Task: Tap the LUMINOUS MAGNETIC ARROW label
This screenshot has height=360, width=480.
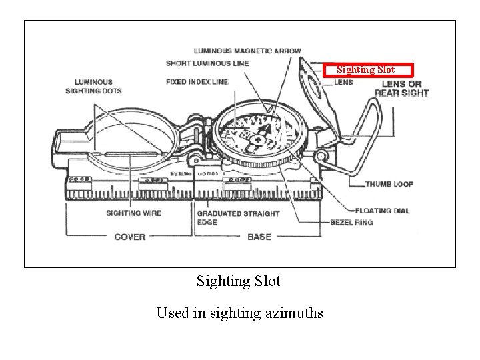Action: [247, 51]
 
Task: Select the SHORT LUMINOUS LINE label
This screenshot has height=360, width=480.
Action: [207, 63]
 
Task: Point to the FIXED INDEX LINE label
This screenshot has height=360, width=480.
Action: [197, 82]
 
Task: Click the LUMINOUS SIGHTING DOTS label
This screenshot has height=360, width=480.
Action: [93, 87]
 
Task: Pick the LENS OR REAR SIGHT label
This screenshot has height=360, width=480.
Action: [401, 88]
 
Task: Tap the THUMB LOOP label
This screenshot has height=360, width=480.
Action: [389, 184]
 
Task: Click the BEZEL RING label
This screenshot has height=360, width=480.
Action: [351, 222]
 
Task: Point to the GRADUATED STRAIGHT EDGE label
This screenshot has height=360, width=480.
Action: [237, 217]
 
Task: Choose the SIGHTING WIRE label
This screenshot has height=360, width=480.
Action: [133, 213]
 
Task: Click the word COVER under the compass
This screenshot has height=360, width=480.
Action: [129, 237]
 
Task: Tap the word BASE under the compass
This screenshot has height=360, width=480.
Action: [259, 237]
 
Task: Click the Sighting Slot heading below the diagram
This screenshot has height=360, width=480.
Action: [239, 281]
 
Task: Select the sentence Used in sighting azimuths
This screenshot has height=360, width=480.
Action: [239, 313]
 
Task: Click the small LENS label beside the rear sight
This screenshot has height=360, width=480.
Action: [343, 82]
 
